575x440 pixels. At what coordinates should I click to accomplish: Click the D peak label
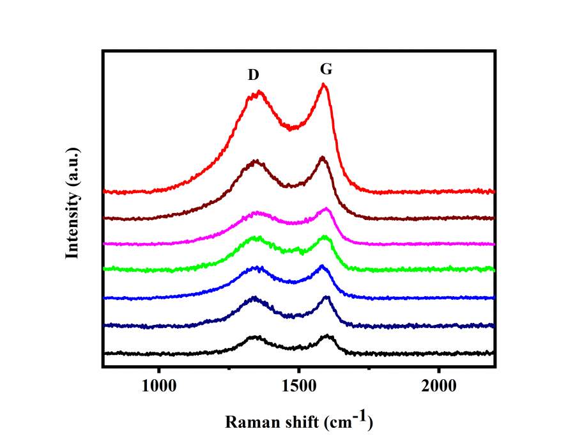254,75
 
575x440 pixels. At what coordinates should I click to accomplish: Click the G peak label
326,69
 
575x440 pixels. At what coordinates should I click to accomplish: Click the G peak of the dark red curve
323,157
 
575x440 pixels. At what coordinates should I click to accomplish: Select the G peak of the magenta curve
326,208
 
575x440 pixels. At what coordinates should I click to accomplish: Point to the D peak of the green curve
257,237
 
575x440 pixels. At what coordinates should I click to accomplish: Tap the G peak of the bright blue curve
322,265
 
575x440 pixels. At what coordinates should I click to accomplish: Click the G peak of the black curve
327,335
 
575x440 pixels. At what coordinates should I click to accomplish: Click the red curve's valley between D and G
291,128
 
